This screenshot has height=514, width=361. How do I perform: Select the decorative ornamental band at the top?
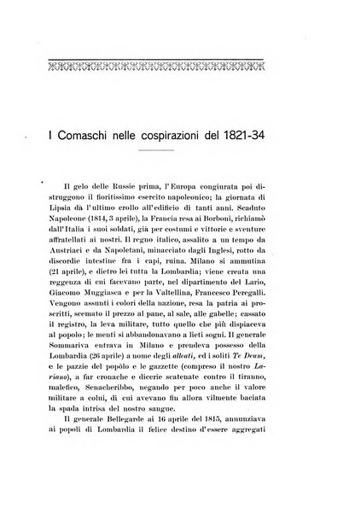[179, 61]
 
